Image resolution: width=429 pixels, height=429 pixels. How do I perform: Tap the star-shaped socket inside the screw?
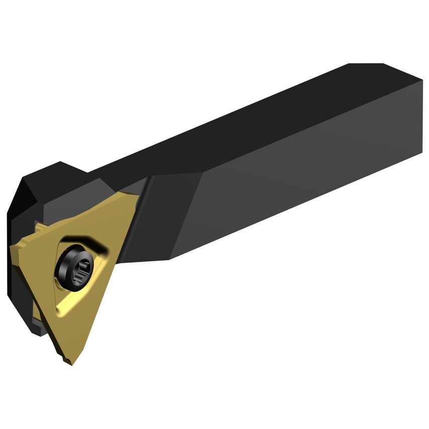[x=80, y=269]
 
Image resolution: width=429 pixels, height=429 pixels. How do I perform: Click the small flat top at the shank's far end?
[x=366, y=64]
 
